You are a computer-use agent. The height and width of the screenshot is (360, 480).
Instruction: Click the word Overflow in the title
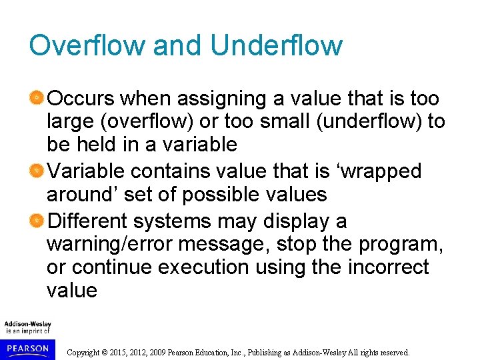pos(87,45)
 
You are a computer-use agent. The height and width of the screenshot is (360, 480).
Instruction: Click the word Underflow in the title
pos(276,45)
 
